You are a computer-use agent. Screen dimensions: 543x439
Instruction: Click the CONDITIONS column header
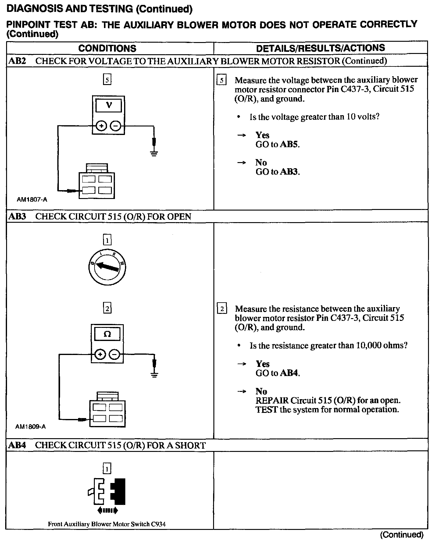pyautogui.click(x=107, y=48)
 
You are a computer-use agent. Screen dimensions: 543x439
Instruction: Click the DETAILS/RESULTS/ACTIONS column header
pyautogui.click(x=320, y=48)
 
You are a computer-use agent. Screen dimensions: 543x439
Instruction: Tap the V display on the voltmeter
pyautogui.click(x=109, y=105)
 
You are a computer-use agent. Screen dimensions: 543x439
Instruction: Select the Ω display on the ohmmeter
pyautogui.click(x=107, y=334)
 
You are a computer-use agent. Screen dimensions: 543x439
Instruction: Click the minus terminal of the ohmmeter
pyautogui.click(x=114, y=354)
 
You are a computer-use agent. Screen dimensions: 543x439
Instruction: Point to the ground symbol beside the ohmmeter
pyautogui.click(x=155, y=374)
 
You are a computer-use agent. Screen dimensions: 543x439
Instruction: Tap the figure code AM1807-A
pyautogui.click(x=32, y=200)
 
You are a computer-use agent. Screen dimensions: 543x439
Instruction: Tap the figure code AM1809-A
pyautogui.click(x=30, y=427)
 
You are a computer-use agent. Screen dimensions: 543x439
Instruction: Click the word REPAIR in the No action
pyautogui.click(x=272, y=400)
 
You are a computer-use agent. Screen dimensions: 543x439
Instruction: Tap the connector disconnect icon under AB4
pyautogui.click(x=107, y=496)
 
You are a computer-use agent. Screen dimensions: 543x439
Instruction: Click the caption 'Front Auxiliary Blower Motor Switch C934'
pyautogui.click(x=107, y=524)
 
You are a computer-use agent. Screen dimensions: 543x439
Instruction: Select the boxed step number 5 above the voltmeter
pyautogui.click(x=107, y=80)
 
